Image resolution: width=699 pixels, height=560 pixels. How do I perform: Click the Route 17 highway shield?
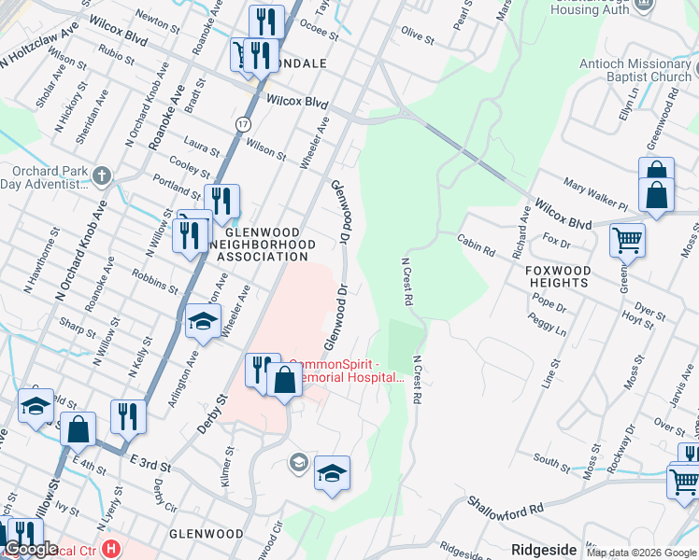click(243, 123)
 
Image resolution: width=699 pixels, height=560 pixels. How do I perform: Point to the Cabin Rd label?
click(476, 245)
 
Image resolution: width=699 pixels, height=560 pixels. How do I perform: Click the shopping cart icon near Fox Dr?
click(627, 240)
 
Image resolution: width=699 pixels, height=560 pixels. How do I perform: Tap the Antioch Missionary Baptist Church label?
click(634, 70)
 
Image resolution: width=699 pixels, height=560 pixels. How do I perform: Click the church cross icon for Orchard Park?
click(102, 175)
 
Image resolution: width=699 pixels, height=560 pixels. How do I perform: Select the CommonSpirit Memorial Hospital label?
click(347, 371)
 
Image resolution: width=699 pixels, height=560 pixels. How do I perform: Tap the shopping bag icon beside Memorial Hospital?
click(284, 380)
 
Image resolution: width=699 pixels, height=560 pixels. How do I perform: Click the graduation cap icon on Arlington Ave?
click(203, 322)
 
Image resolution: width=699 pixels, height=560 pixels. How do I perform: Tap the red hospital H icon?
click(112, 548)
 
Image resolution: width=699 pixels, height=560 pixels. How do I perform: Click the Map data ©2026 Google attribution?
click(641, 553)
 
